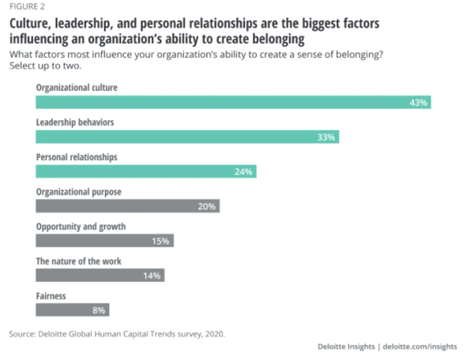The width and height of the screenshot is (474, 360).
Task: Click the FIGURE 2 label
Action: click(x=26, y=6)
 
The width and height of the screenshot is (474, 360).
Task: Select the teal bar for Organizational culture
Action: click(x=233, y=103)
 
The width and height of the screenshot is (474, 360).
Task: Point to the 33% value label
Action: click(x=326, y=137)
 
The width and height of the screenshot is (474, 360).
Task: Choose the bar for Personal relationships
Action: click(x=146, y=171)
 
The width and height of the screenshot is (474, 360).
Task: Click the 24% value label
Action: click(x=243, y=171)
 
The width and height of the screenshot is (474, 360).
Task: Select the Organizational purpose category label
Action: click(x=78, y=191)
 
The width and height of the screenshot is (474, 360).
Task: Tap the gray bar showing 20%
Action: click(x=127, y=206)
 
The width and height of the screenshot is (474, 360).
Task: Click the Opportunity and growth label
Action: click(x=81, y=226)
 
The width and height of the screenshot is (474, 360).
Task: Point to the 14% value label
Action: click(x=152, y=276)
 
